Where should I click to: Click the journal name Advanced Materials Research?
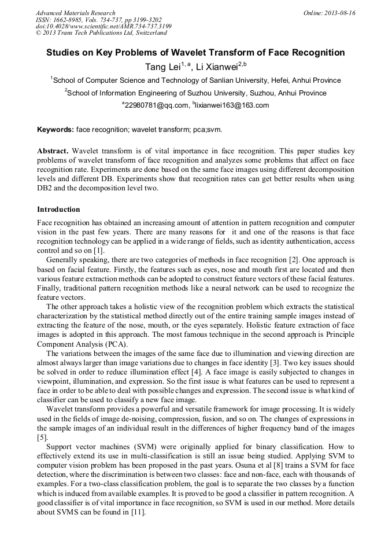[75, 13]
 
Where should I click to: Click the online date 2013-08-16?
[339, 13]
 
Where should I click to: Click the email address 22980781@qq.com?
[157, 105]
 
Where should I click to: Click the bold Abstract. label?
[53, 151]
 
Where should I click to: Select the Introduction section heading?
[58, 209]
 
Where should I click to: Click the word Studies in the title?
[65, 53]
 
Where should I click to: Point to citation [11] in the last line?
[138, 512]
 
